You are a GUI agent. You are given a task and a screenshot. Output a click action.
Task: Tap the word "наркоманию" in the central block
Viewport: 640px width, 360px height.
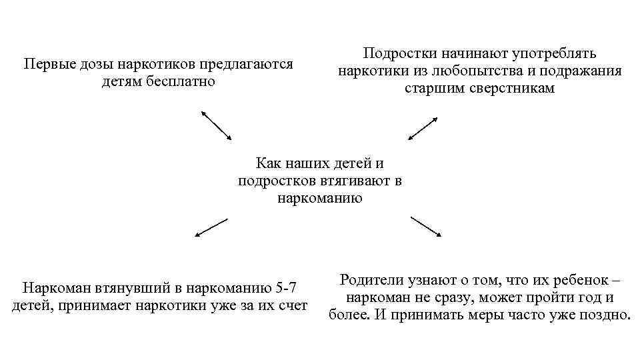320,197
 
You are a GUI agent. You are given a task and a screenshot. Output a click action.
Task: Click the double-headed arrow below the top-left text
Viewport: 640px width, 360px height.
216,125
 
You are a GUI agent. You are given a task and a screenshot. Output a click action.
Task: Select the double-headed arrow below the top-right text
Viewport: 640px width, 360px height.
423,129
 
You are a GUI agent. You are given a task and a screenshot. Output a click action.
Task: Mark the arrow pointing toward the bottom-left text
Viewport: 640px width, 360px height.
211,227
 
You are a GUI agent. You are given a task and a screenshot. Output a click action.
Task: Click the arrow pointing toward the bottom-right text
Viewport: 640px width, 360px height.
425,227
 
